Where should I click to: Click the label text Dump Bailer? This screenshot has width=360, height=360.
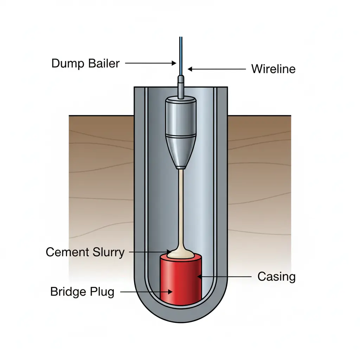coord(85,64)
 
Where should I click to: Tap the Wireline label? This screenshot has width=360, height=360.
coord(273,69)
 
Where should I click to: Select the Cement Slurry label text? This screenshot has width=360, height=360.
coord(85,252)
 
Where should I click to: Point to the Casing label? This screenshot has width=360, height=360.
coord(276,277)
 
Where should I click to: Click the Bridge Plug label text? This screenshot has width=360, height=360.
coord(82,292)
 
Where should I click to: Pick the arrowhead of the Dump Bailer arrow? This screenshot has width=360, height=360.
coord(174,64)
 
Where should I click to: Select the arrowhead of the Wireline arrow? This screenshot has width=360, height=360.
coord(189,69)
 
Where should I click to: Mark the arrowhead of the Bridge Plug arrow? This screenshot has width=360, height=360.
coord(171,292)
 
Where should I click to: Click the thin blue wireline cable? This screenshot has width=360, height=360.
coord(181,53)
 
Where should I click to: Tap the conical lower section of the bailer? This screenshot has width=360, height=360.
coord(181,151)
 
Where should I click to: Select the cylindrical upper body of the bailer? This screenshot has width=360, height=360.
coord(181,116)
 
